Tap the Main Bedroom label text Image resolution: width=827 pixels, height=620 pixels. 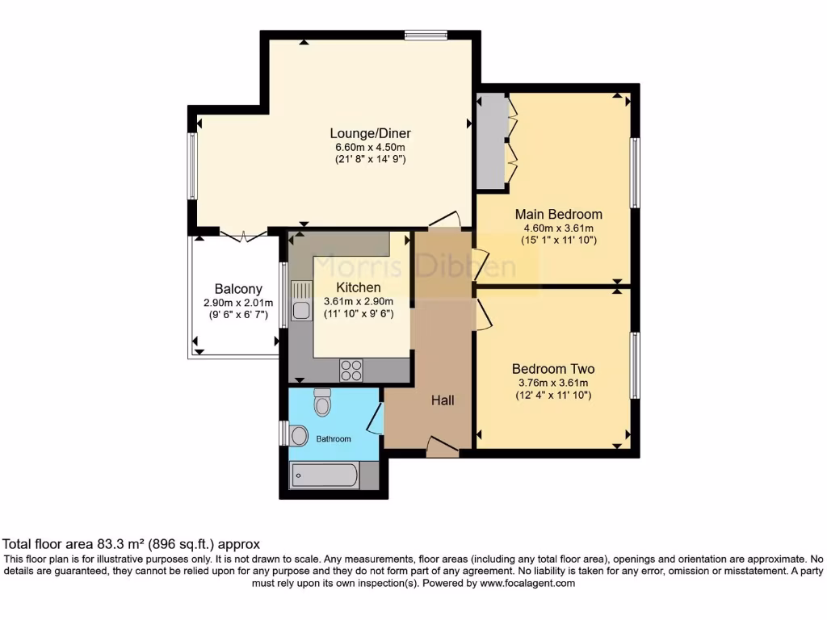[559, 214]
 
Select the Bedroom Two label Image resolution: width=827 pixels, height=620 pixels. [553, 369]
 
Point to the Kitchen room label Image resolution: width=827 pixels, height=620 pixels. [359, 287]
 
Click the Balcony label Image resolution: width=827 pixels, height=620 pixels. [238, 289]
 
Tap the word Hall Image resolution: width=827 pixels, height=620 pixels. [443, 400]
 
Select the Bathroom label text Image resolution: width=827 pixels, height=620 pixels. [333, 439]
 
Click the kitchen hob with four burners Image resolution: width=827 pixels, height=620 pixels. [351, 370]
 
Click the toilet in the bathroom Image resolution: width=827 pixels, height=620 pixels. [322, 402]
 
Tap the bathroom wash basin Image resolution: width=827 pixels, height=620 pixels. [298, 437]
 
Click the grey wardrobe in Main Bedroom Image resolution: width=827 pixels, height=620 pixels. [491, 141]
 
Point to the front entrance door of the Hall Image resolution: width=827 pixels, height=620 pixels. [442, 447]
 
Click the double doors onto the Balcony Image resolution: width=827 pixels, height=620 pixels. [243, 235]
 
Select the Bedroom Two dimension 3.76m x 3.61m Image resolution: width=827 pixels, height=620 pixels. [553, 383]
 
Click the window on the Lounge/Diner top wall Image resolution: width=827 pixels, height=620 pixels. [426, 34]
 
